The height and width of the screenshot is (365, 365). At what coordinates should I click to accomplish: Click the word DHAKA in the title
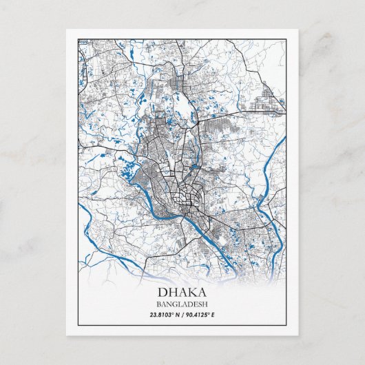coord(182,291)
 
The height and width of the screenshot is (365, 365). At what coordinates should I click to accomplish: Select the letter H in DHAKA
coord(172,291)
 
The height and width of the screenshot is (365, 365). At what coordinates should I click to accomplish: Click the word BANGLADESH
coord(182,304)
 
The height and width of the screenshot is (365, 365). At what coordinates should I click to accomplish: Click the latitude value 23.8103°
coord(165,315)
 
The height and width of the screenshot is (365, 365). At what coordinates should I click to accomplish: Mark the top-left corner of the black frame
coord(78,39)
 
